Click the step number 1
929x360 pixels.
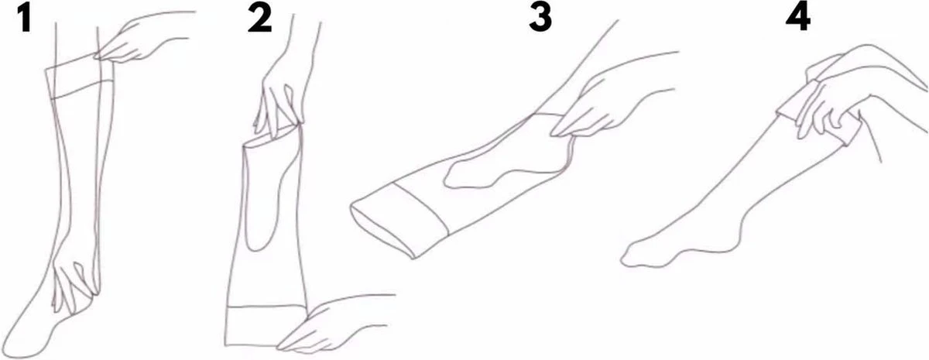click(x=26, y=19)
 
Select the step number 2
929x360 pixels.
click(x=259, y=19)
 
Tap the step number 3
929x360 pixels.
click(x=540, y=19)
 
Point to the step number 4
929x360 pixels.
click(x=798, y=19)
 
